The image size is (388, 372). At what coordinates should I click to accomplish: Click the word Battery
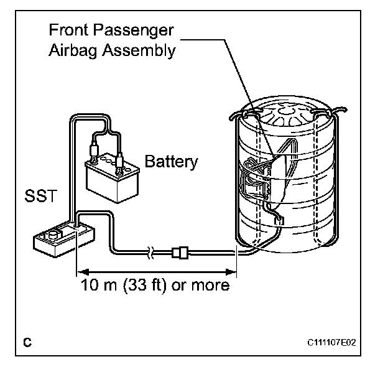point(171,162)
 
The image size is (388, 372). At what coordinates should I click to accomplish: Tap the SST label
point(41,196)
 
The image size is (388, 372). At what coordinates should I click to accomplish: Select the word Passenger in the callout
point(134,30)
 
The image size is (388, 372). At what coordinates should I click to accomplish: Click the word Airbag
point(73,51)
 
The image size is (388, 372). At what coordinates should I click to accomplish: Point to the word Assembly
point(139,51)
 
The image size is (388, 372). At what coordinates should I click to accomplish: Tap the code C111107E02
point(331,343)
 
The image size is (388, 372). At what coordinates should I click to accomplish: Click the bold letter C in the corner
point(27,342)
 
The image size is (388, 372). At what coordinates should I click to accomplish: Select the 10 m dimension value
point(98,285)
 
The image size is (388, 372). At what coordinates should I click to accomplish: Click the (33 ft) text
point(144,286)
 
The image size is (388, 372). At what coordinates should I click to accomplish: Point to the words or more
point(200,285)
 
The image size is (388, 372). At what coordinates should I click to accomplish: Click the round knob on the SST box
point(53,234)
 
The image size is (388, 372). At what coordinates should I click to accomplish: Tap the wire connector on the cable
point(180,253)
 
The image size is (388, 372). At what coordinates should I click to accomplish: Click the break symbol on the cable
point(150,253)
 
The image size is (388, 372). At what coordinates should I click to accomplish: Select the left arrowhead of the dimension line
point(83,272)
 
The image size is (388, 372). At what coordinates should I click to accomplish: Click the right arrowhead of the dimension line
point(230,272)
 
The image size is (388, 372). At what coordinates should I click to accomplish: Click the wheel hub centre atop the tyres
point(287,110)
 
